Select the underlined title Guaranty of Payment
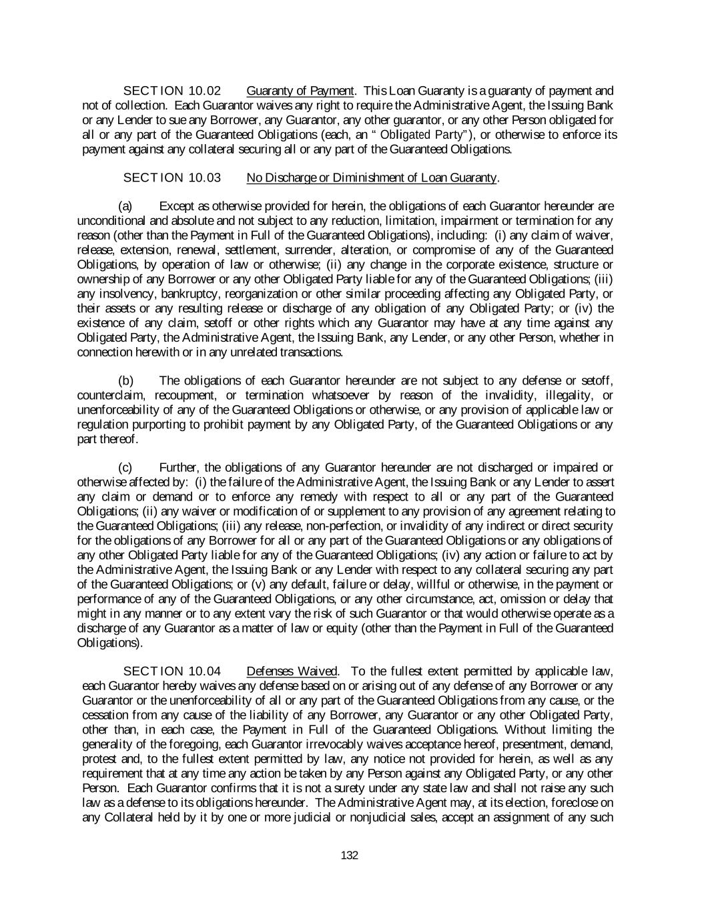[x=300, y=91]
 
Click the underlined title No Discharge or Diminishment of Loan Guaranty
[x=372, y=178]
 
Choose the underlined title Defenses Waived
[x=292, y=671]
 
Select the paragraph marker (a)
[x=125, y=206]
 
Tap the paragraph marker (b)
[x=125, y=381]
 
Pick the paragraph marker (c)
[x=125, y=468]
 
